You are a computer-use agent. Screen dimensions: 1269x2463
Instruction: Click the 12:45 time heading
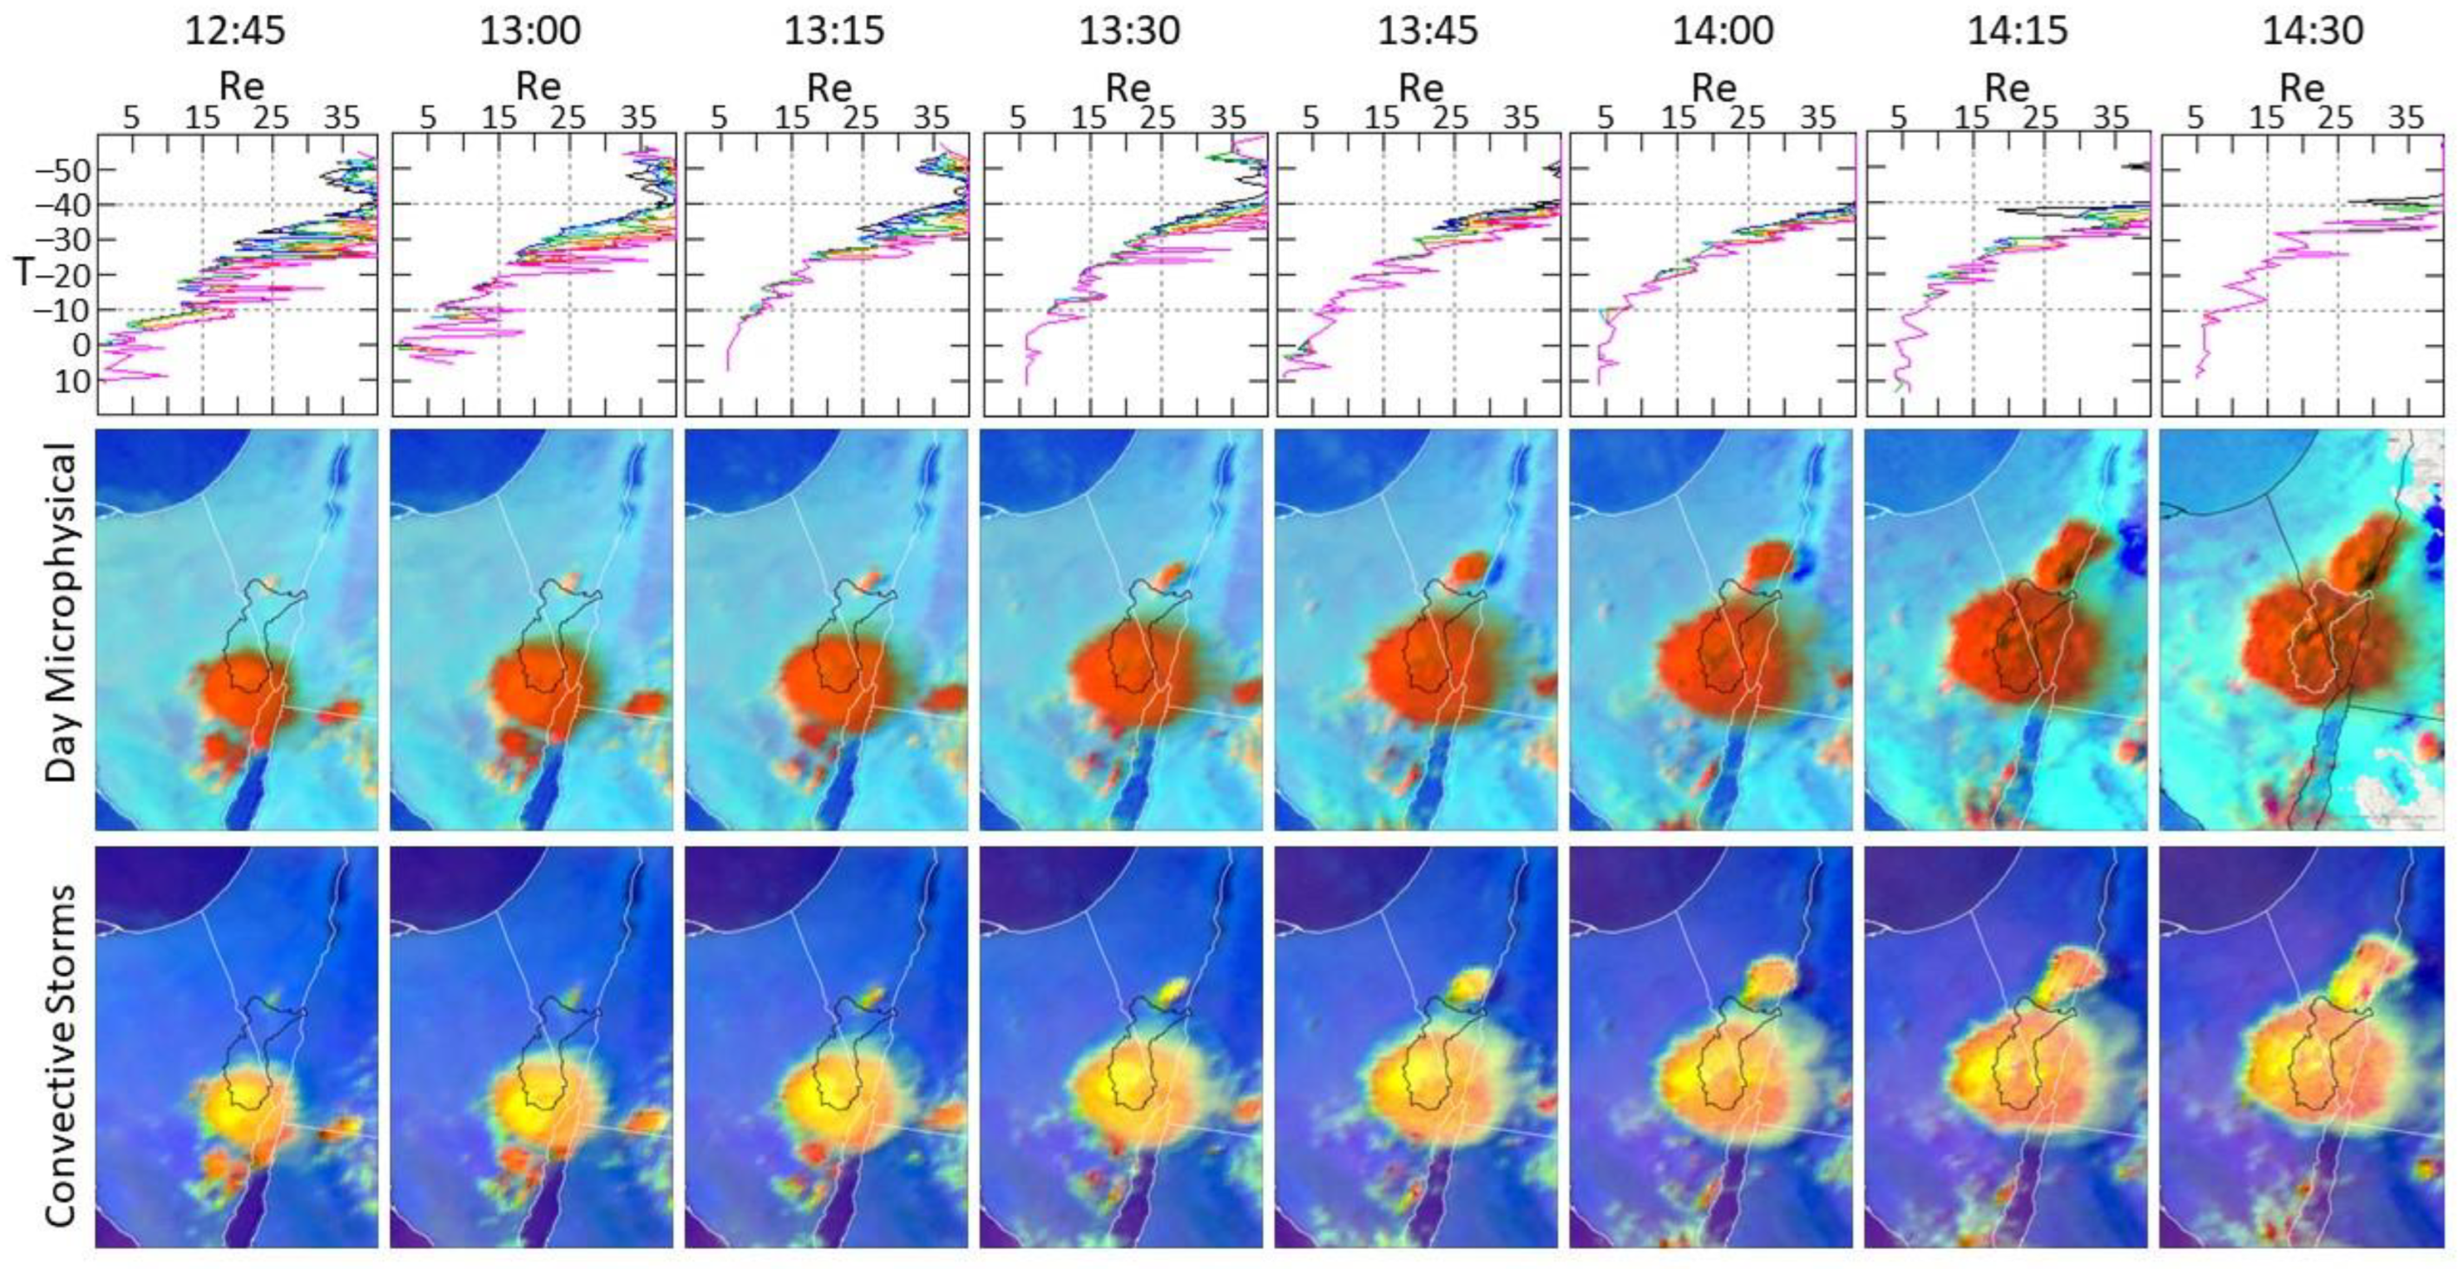234,30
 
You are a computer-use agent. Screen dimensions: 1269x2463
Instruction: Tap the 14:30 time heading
2312,30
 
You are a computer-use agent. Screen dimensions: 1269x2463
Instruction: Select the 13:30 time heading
1129,30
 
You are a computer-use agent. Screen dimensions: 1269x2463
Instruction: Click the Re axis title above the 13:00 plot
537,87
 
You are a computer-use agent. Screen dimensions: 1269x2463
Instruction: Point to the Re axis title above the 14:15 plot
2006,87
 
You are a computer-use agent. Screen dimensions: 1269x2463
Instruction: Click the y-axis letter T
25,273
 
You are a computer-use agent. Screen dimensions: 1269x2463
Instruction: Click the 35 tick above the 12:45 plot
341,119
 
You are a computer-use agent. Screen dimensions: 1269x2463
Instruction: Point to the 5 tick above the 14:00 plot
1606,119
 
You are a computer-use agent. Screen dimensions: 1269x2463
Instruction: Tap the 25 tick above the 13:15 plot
862,119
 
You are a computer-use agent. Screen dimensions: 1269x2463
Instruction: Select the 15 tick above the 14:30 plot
2266,119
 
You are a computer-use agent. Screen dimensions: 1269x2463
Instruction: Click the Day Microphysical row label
62,612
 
